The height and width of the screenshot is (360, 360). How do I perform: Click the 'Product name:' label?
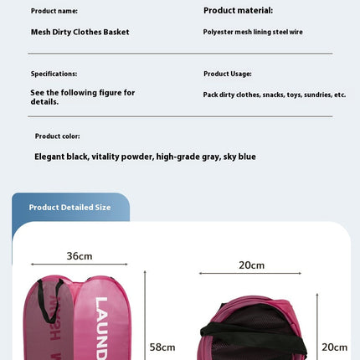click(54, 11)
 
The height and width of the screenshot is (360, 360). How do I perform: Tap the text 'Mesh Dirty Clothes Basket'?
click(80, 33)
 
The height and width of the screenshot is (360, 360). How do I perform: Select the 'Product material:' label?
click(238, 11)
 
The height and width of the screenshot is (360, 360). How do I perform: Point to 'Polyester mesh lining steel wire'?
click(252, 32)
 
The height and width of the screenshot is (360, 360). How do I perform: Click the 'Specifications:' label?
click(54, 74)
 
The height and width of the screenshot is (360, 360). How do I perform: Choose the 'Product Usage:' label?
click(227, 74)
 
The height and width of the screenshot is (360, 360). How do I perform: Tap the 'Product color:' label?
click(57, 136)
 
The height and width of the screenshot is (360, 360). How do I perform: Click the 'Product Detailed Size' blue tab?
click(69, 207)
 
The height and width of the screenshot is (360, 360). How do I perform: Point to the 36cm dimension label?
click(80, 256)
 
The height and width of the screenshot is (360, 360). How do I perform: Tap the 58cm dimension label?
click(162, 347)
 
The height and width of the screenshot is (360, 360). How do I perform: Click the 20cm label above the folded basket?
click(251, 265)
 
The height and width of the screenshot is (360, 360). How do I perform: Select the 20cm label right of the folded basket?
click(335, 347)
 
